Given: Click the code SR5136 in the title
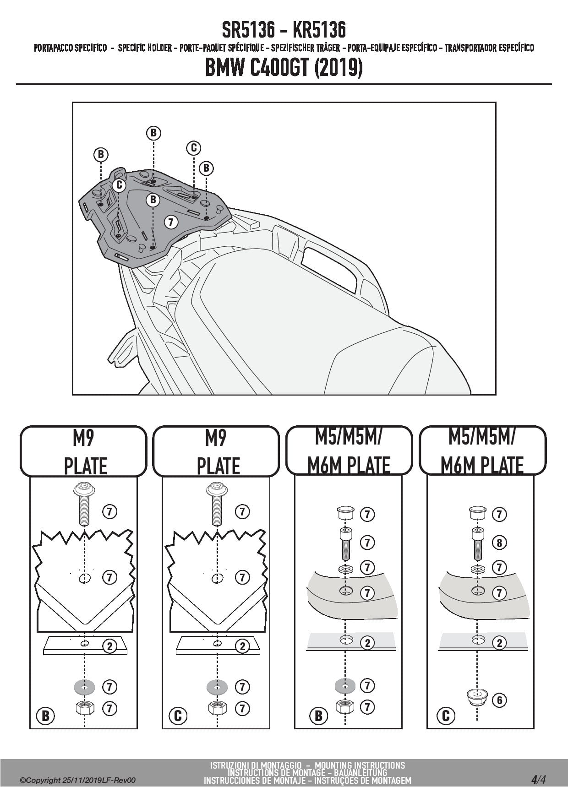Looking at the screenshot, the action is [x=249, y=30].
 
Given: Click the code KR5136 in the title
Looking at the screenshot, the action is [x=319, y=30].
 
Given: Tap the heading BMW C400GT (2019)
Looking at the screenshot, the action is [x=284, y=68].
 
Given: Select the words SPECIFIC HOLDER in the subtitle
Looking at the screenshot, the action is [x=145, y=48].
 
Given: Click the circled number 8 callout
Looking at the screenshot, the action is [x=499, y=543].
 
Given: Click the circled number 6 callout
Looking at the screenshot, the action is [x=499, y=700].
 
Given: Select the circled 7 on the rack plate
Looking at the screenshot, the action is [x=171, y=222].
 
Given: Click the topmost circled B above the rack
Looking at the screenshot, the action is [x=153, y=133].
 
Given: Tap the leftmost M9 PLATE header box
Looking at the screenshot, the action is [x=83, y=452].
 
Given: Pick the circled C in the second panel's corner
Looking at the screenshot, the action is [x=178, y=716].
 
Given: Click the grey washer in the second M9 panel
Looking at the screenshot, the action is [x=216, y=687].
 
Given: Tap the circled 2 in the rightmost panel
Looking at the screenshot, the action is [x=499, y=643].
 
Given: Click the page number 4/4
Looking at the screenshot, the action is [x=538, y=780].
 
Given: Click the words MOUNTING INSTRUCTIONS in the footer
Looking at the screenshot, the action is [x=360, y=765].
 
